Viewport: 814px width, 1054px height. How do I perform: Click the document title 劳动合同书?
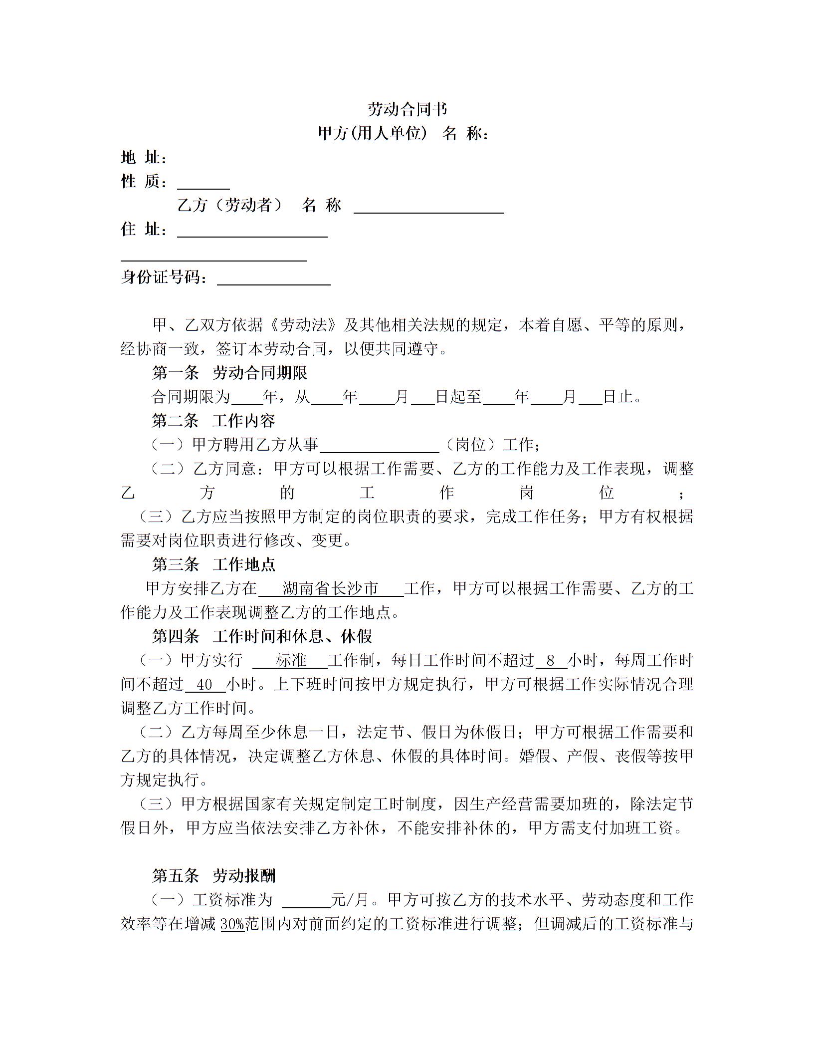pyautogui.click(x=407, y=109)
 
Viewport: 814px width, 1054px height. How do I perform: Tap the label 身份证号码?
pyautogui.click(x=164, y=277)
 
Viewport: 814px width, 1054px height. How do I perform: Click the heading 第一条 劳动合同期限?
pyautogui.click(x=229, y=373)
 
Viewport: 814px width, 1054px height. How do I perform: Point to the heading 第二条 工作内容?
pyautogui.click(x=213, y=421)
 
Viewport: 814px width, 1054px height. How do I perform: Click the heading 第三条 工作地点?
pyautogui.click(x=213, y=564)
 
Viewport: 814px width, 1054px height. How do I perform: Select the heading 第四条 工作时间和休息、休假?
pyautogui.click(x=262, y=636)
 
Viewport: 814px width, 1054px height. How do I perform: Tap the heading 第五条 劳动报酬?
pyautogui.click(x=213, y=876)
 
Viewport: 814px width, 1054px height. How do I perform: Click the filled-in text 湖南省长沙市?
pyautogui.click(x=331, y=589)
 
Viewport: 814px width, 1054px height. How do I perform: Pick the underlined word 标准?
pyautogui.click(x=291, y=661)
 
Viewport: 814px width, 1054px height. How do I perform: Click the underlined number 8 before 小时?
pyautogui.click(x=551, y=661)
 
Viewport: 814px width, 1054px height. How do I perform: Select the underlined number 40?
pyautogui.click(x=205, y=685)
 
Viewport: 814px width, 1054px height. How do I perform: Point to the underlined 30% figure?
pyautogui.click(x=232, y=924)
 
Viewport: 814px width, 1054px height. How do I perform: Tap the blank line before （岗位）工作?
pyautogui.click(x=379, y=446)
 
